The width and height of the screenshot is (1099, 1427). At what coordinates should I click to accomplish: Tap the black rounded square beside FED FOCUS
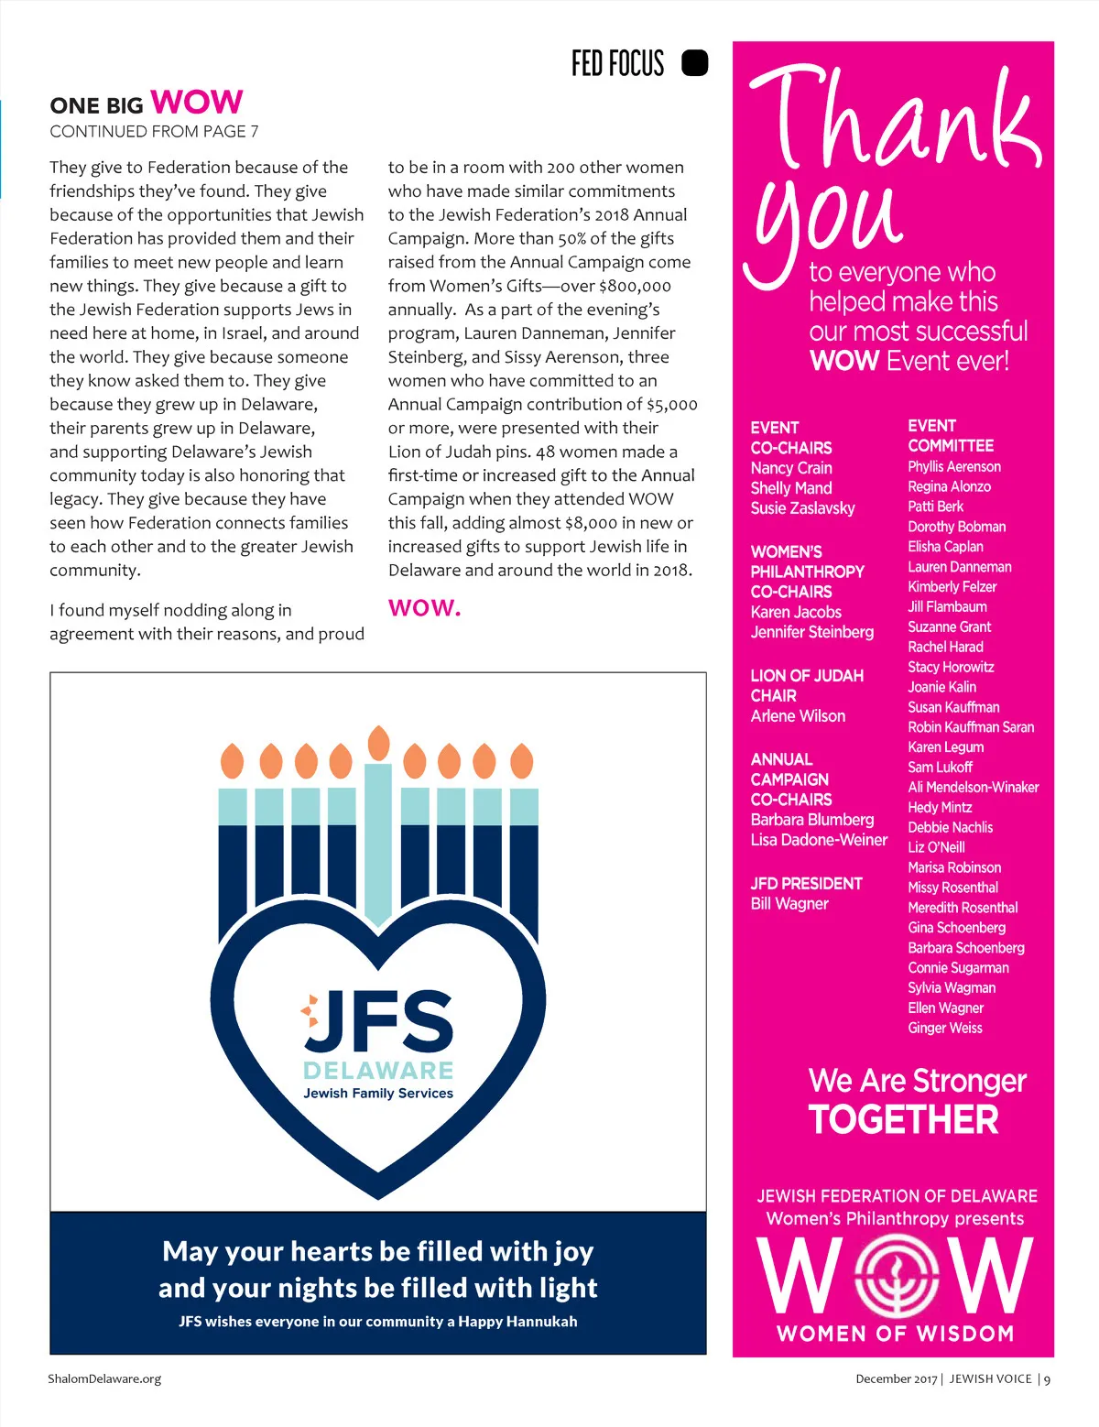(695, 62)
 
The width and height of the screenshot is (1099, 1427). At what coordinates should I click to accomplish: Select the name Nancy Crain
(791, 468)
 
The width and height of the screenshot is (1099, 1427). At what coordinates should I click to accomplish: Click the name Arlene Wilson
(798, 716)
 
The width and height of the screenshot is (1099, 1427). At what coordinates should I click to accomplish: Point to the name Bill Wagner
(789, 904)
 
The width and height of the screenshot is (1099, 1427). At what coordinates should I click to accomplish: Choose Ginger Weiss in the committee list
(945, 1029)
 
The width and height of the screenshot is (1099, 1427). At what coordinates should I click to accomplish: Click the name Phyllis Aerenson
(954, 467)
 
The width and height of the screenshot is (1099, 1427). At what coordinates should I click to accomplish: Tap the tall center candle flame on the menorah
(378, 743)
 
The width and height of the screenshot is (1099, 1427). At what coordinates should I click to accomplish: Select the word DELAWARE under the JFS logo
(378, 1071)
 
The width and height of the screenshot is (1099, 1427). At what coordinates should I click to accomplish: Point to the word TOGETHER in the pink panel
(903, 1120)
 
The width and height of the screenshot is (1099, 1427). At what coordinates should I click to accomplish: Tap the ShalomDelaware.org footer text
(104, 1378)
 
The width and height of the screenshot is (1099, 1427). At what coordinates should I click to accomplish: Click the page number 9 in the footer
(1047, 1379)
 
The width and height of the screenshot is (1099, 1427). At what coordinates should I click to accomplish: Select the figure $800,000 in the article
(635, 286)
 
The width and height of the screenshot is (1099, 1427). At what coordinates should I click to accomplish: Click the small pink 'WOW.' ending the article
(424, 608)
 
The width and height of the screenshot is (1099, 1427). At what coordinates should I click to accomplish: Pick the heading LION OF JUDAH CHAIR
(807, 686)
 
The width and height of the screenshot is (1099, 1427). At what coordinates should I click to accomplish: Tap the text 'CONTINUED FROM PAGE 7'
(154, 132)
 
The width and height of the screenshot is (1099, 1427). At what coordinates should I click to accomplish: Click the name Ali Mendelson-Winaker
(974, 788)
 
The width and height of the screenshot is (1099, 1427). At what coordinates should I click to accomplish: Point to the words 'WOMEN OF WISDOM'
(895, 1334)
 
